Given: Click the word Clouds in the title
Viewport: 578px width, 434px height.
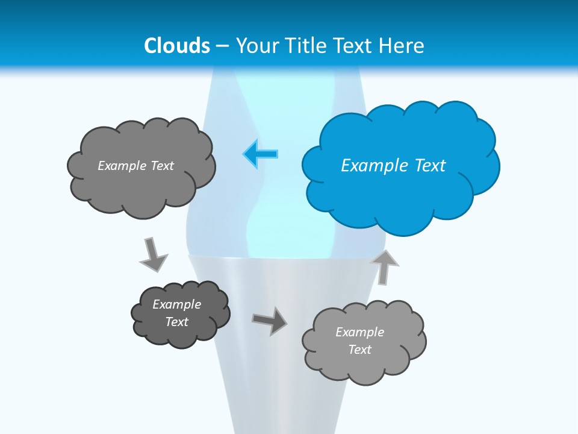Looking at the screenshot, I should pyautogui.click(x=177, y=46).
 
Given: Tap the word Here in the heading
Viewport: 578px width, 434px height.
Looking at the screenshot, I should pyautogui.click(x=402, y=46).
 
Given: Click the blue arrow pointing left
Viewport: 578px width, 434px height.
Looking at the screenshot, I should pyautogui.click(x=261, y=154).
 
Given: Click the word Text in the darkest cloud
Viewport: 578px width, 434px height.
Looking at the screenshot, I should pyautogui.click(x=177, y=322).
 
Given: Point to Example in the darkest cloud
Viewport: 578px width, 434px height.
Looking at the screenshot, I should pyautogui.click(x=177, y=304).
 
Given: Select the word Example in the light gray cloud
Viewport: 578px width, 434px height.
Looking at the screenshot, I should pyautogui.click(x=359, y=332).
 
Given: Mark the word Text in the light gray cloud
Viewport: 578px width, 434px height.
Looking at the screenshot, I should pyautogui.click(x=359, y=350).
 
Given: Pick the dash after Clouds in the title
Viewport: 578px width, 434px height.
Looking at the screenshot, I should pyautogui.click(x=222, y=46).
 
